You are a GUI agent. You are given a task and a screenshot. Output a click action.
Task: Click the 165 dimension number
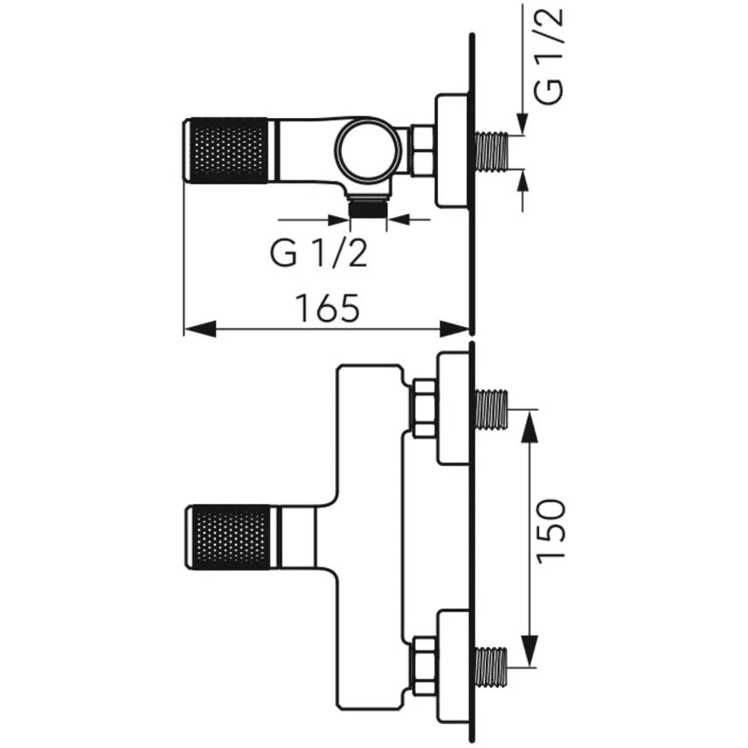coord(327,308)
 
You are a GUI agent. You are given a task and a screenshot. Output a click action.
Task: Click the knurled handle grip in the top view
coord(228,151)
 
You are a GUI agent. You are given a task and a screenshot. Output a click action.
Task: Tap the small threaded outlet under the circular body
coord(367,208)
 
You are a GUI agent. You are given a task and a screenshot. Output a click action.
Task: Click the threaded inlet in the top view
coord(491,151)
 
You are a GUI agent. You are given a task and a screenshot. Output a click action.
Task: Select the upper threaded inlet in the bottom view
coord(491,408)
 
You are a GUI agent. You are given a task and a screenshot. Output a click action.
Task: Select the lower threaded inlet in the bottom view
coord(491,666)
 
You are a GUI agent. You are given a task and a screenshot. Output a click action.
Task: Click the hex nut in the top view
coord(422,151)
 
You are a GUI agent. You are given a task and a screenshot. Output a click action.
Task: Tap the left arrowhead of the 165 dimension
coord(199,329)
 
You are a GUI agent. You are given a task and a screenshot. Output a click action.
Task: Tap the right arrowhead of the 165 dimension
coord(454,329)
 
